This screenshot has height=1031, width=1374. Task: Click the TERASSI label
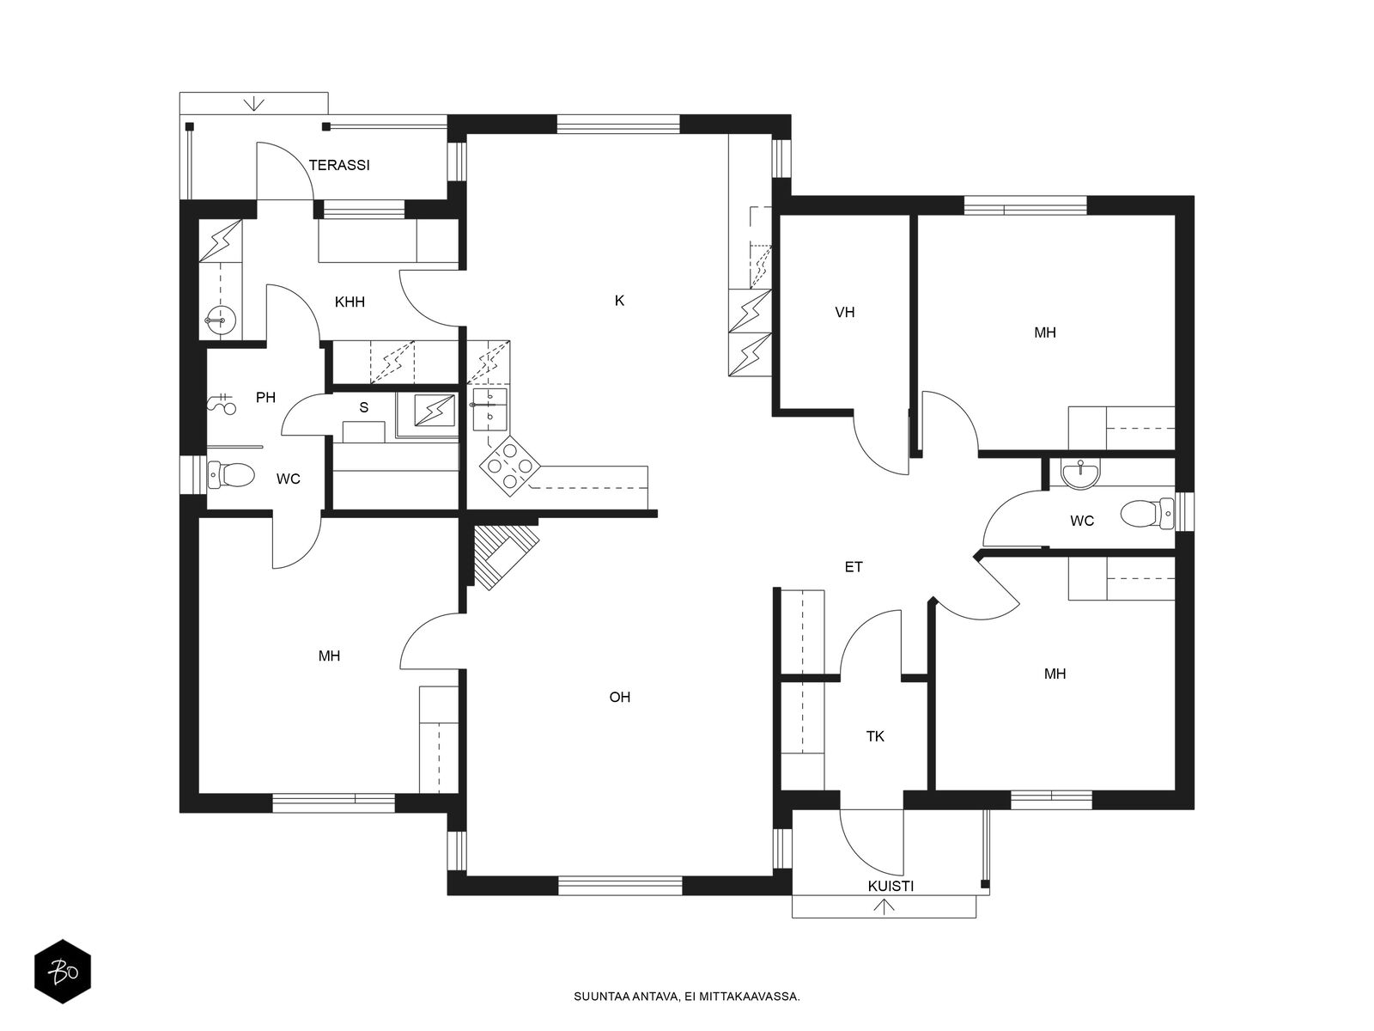(x=339, y=165)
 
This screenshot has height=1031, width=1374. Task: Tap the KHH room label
(x=350, y=302)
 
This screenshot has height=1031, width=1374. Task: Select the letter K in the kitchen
(x=619, y=301)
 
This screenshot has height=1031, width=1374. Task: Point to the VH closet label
(x=844, y=313)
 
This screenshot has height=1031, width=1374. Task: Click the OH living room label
(x=620, y=698)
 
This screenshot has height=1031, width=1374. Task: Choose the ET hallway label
(x=854, y=567)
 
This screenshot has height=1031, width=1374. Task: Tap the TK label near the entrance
(x=875, y=737)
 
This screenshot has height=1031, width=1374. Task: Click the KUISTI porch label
(x=891, y=887)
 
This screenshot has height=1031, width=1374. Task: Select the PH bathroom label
(x=265, y=398)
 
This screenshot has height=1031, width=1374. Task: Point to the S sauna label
(x=364, y=408)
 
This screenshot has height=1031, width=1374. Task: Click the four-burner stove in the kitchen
(x=509, y=466)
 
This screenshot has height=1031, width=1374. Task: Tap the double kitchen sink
(x=489, y=409)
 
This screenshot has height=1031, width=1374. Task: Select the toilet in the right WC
(x=1146, y=513)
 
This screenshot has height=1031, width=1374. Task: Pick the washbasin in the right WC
(x=1080, y=473)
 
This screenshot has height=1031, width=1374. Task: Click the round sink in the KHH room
(x=221, y=320)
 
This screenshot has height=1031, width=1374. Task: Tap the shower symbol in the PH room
(x=222, y=404)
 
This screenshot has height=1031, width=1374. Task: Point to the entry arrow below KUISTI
(x=884, y=907)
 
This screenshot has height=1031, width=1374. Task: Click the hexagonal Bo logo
(x=63, y=972)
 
